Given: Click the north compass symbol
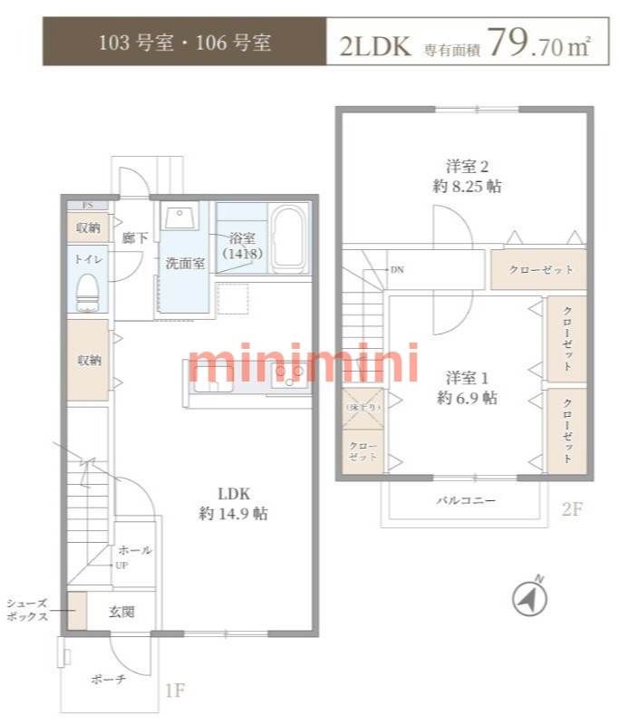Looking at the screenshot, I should [532, 597].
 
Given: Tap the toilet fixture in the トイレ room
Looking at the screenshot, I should [88, 292].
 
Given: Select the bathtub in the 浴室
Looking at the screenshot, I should [289, 238].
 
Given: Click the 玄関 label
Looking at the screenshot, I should [122, 612].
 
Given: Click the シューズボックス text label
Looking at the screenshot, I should [26, 609].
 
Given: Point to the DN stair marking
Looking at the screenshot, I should [397, 270].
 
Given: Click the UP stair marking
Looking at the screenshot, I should [120, 565].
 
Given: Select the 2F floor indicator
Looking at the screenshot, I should [571, 509].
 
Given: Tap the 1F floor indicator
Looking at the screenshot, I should [175, 691].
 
